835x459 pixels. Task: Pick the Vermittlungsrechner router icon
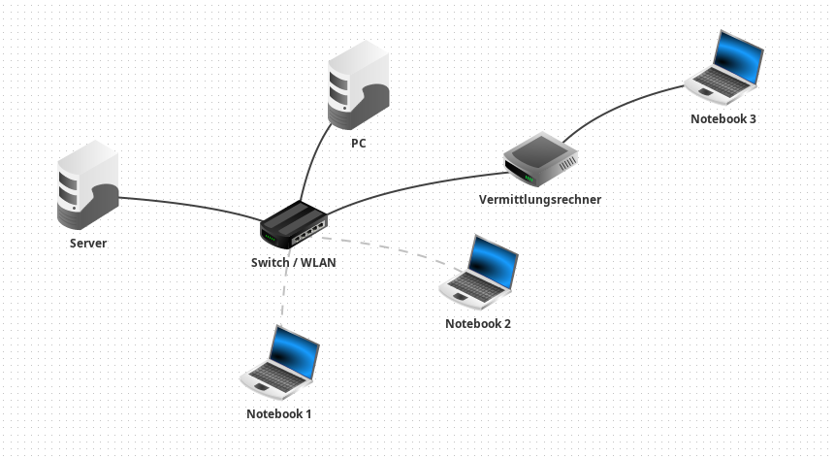coord(540,159)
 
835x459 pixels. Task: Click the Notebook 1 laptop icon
coord(280,362)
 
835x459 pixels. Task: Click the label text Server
coord(88,244)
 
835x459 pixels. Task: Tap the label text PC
coord(359,144)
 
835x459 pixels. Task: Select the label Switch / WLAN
coord(294,263)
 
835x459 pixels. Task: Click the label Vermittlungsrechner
coord(540,200)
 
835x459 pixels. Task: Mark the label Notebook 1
coord(279,414)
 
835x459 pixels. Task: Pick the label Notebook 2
coord(478,324)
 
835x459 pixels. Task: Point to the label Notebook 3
coord(723,119)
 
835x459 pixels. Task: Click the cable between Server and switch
coord(189,203)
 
